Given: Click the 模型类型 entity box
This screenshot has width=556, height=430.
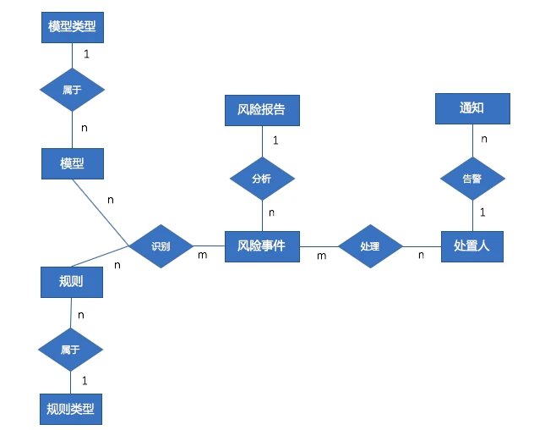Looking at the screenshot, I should (72, 27).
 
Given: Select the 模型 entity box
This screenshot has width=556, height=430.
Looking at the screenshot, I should (72, 163).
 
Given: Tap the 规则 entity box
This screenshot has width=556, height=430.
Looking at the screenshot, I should (72, 282).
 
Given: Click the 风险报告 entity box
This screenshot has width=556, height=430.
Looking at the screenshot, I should (262, 109).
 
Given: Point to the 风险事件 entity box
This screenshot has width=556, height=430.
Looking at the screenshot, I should (262, 246).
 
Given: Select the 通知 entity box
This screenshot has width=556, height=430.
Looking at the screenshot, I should (472, 107).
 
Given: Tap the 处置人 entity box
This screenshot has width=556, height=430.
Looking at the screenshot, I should (472, 246).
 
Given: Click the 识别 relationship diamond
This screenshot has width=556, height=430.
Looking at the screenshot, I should (161, 246).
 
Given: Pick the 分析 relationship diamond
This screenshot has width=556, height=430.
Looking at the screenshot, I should (262, 179).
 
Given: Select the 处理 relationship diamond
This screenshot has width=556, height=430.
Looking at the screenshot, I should (369, 246).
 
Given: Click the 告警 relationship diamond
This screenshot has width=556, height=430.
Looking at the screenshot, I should (472, 179).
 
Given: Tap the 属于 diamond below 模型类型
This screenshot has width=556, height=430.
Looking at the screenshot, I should (72, 89).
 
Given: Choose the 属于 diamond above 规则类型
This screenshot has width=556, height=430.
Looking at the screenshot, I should (71, 349).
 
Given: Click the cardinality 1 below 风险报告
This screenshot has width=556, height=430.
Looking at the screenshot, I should (275, 139).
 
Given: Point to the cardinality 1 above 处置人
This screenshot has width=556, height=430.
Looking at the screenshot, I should (482, 212).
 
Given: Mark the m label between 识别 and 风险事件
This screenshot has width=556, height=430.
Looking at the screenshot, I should (203, 255).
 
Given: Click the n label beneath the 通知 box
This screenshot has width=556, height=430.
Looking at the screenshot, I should (484, 138).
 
